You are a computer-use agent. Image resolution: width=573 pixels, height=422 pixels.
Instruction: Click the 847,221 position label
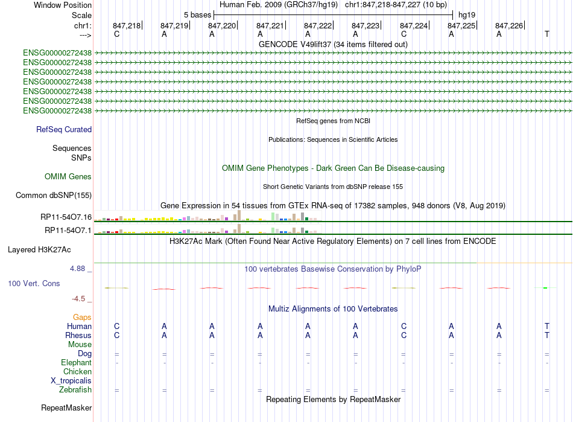click(270, 25)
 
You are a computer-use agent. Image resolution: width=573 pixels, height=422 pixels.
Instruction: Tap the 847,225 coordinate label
click(461, 25)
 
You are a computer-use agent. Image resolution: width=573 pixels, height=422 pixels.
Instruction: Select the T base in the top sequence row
click(546, 34)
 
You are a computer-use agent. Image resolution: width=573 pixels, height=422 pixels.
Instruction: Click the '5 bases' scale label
click(197, 15)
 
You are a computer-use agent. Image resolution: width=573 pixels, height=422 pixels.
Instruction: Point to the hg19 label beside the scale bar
click(467, 15)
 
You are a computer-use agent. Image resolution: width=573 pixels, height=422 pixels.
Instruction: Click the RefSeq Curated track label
click(64, 129)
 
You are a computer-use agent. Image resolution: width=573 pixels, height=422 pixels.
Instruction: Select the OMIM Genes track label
click(68, 177)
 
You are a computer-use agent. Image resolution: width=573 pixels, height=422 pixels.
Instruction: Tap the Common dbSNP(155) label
click(54, 195)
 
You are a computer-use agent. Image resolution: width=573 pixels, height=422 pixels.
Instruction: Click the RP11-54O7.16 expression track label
click(66, 217)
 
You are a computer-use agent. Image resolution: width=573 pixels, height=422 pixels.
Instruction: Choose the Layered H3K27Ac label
click(39, 250)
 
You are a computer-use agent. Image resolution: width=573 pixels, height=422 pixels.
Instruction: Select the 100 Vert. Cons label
click(34, 283)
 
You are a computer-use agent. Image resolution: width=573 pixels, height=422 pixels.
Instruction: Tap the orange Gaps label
click(82, 318)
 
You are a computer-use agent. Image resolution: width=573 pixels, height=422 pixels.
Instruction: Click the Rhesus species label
click(78, 335)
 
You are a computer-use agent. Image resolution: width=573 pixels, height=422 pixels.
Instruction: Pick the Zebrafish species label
click(75, 390)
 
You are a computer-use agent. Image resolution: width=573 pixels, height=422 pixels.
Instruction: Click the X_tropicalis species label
click(71, 381)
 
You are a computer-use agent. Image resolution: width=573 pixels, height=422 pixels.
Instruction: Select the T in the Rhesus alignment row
click(546, 335)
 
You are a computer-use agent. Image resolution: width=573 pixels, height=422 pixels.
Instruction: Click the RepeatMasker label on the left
click(66, 408)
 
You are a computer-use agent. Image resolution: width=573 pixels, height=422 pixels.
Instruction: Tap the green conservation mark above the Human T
click(545, 288)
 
